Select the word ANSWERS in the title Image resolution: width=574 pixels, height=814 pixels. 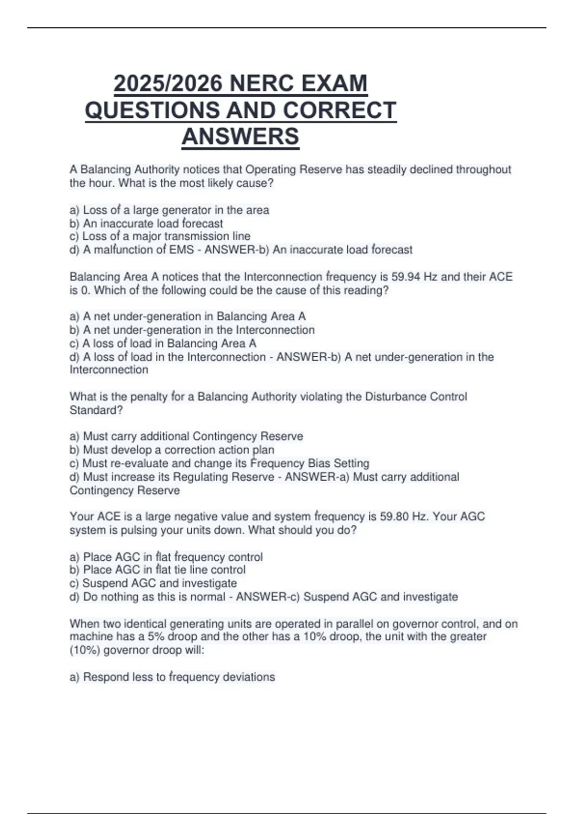tap(240, 136)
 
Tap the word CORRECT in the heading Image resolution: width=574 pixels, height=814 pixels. tap(339, 110)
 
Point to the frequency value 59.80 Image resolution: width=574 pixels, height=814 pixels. tap(395, 517)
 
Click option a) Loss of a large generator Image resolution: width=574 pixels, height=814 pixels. tap(169, 210)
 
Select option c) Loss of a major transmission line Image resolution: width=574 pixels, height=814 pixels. tap(160, 237)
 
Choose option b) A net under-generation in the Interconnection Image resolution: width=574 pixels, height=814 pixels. tap(192, 330)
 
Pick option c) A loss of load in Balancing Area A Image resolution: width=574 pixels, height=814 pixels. tap(163, 343)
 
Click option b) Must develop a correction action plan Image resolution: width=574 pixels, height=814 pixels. tap(172, 450)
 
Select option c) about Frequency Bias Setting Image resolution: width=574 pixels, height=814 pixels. tap(220, 464)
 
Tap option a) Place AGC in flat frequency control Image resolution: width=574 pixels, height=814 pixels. tap(166, 557)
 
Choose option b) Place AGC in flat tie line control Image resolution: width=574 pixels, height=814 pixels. tap(158, 570)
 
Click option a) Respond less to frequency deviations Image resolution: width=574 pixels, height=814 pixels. tap(172, 677)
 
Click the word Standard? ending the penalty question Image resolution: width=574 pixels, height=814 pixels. tap(96, 410)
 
